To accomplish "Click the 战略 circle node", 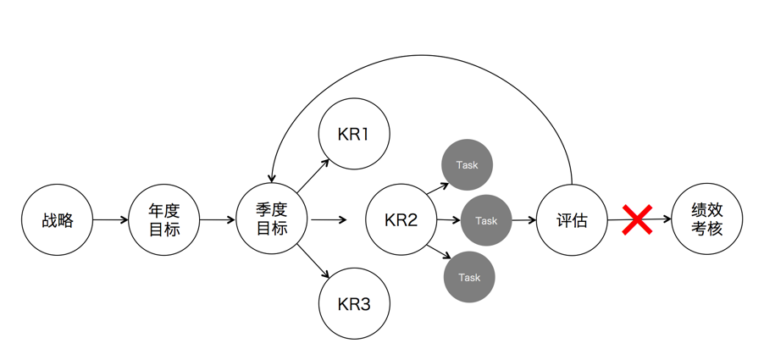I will click(58, 220).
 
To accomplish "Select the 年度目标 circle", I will click(164, 220).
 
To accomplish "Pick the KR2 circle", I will click(401, 220).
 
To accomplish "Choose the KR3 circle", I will click(354, 304).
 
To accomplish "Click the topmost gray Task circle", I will click(467, 164).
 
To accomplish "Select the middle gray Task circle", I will click(486, 220).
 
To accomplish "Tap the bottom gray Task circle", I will click(468, 277).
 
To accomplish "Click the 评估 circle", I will click(572, 220).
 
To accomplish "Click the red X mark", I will click(637, 220).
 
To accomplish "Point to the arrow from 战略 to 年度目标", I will click(110, 220).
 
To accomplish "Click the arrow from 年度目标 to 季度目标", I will click(218, 220).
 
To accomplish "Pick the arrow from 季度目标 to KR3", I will click(313, 262).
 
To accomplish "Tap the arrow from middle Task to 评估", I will click(525, 220).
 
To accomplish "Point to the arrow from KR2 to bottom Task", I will click(439, 252).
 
